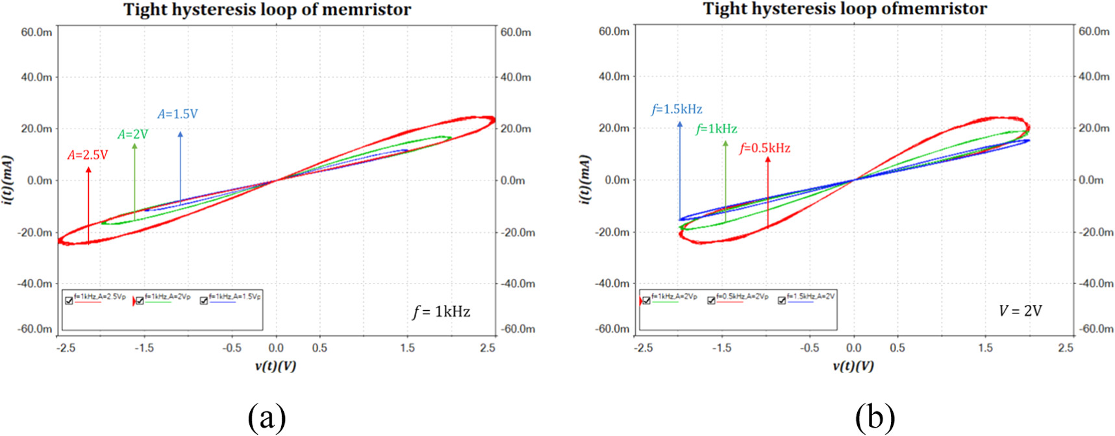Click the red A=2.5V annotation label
88,155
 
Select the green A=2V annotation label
132,134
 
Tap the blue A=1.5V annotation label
177,114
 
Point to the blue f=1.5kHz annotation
677,110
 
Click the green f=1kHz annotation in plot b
716,129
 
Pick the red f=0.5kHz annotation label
765,149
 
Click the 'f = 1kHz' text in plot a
442,311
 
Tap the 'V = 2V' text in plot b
1020,311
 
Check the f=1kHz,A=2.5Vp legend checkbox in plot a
69,300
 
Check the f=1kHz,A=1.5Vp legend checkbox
204,300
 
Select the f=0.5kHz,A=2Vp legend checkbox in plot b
711,300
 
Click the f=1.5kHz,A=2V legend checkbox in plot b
782,300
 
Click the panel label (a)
266,417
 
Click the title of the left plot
267,10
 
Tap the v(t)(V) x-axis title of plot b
853,366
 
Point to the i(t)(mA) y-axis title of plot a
6,180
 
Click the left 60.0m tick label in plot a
36,32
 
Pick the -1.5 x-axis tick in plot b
721,348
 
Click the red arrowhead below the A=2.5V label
88,170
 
